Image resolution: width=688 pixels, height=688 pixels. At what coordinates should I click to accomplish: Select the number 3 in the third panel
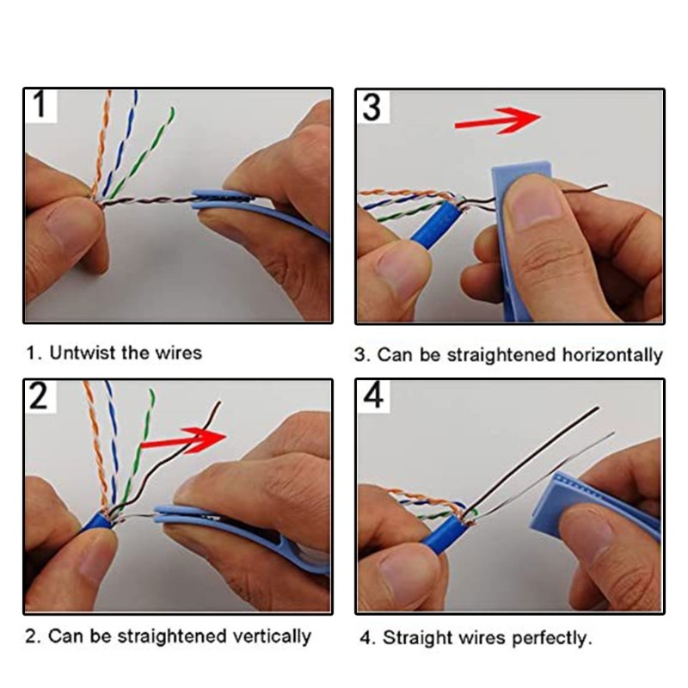(372, 107)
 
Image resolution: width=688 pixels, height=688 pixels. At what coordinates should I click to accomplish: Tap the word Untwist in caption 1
(79, 353)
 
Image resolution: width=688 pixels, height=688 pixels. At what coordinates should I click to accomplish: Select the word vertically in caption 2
(270, 637)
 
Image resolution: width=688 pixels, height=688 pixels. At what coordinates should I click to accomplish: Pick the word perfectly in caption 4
(551, 638)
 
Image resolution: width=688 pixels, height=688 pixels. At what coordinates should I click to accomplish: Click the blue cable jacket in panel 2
(96, 523)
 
